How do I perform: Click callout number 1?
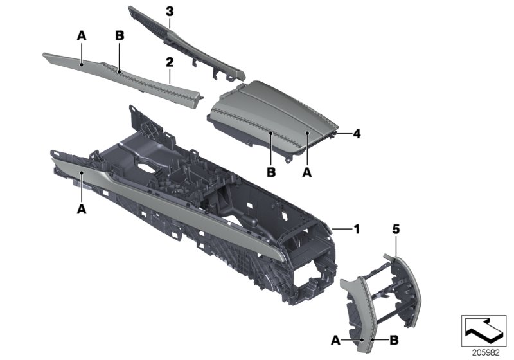click(356, 228)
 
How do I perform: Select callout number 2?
click(170, 62)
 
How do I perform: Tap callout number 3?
click(170, 12)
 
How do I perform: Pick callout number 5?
click(396, 228)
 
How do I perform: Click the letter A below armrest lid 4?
click(306, 172)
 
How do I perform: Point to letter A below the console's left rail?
click(82, 208)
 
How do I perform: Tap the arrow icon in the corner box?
click(483, 328)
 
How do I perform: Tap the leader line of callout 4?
click(344, 134)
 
